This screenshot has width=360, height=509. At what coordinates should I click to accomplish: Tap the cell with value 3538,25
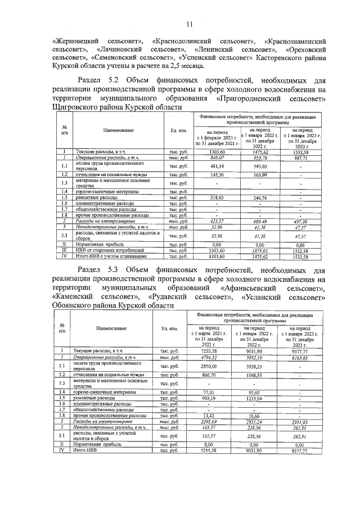[263, 366]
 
